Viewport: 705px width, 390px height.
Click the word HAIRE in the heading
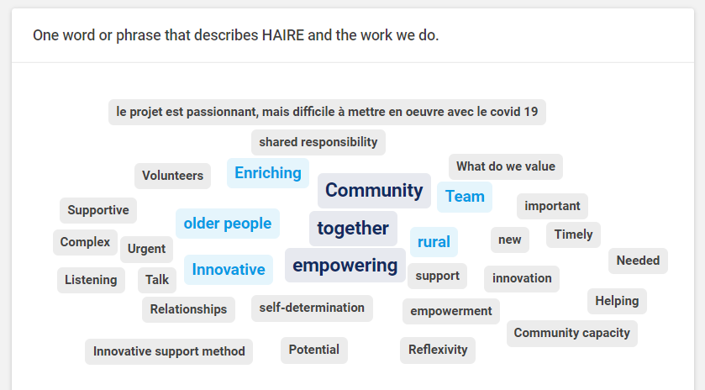coord(283,35)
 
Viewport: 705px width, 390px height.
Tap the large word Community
coord(374,190)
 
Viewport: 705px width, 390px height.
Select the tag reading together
coord(353,228)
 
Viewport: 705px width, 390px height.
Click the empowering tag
coord(345,266)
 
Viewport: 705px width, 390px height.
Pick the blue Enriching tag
coord(268,173)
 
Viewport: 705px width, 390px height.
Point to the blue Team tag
coord(465,197)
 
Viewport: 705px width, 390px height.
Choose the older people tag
coord(228,224)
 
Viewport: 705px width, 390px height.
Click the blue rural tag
coord(434,242)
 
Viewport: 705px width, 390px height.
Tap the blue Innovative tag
coord(229,270)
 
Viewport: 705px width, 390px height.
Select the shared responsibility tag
coord(318,142)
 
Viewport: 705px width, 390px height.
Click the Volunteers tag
coord(172,176)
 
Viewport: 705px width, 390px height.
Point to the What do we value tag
coord(506,166)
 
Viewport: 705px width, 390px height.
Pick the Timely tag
coord(573,235)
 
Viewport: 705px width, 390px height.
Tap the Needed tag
coord(638,261)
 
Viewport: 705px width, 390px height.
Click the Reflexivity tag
coord(438,350)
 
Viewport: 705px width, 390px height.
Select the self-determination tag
coord(312,308)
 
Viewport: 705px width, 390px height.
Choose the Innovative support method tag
coord(169,351)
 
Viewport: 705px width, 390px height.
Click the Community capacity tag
coord(572,334)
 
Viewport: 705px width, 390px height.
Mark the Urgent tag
coord(146,249)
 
